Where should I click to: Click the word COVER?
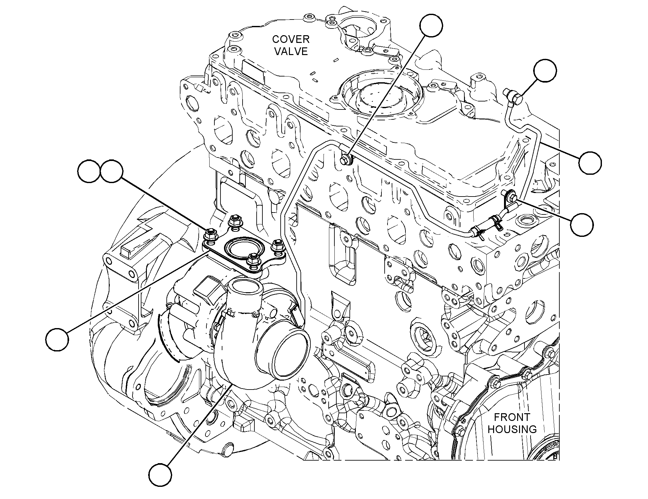(x=291, y=39)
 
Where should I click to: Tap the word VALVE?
(x=291, y=51)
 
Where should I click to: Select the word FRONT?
(x=512, y=417)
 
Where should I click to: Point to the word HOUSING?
(x=512, y=429)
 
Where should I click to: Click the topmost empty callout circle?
(x=431, y=25)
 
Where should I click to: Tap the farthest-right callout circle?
(x=590, y=163)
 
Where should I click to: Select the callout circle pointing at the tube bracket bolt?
(x=582, y=225)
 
